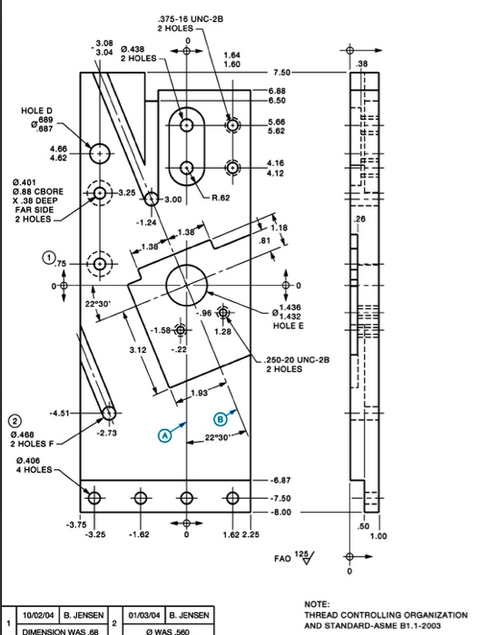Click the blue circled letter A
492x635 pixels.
[x=165, y=435]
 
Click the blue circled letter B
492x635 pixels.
[x=220, y=418]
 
